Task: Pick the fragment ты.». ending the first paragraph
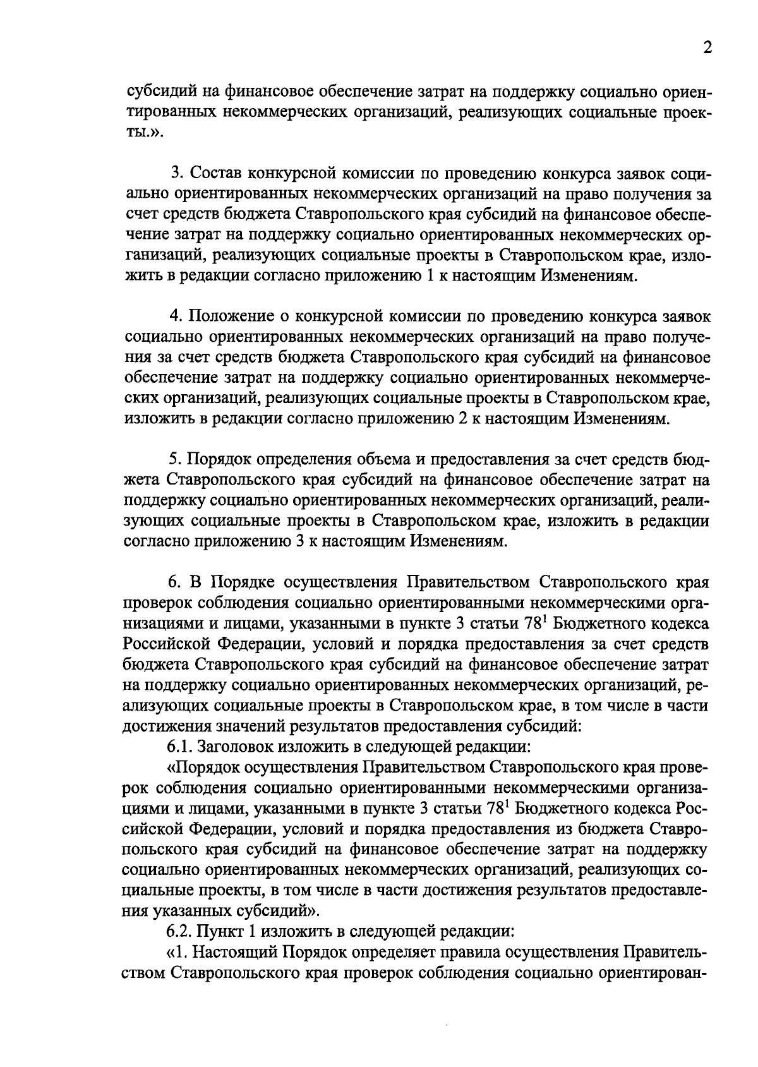click(x=145, y=133)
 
